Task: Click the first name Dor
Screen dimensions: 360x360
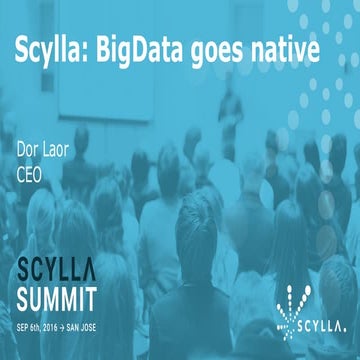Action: click(27, 153)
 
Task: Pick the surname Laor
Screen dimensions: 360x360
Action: click(56, 153)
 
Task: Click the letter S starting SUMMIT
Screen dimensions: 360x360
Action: click(24, 298)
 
